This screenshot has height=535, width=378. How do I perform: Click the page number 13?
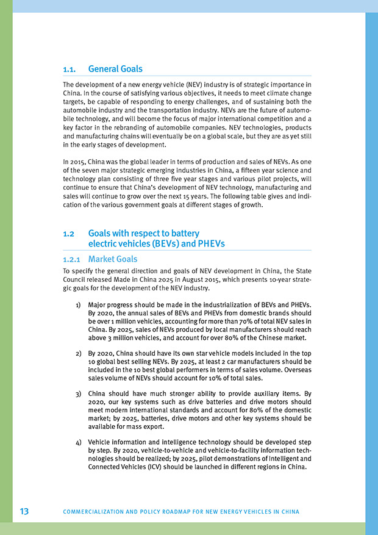pos(24,511)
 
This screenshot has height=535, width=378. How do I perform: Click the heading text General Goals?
pos(115,69)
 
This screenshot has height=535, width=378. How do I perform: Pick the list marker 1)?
pos(79,304)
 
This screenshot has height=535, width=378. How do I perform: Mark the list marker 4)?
pos(79,442)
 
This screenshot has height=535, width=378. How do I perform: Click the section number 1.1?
pos(71,69)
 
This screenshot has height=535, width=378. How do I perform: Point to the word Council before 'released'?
pos(77,279)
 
